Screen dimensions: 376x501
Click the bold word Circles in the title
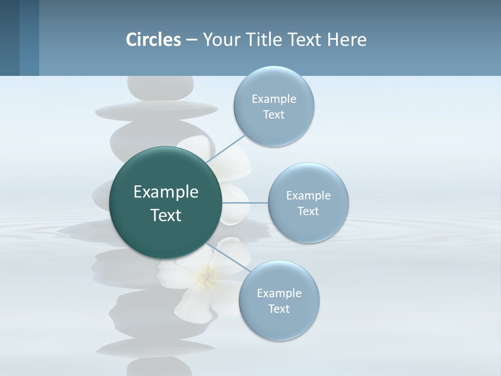point(153,40)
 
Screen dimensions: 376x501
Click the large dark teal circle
point(166,203)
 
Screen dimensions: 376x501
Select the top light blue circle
point(273,107)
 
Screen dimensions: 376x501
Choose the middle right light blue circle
point(308,203)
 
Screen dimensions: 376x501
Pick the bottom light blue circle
point(279,301)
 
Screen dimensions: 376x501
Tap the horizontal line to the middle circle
point(245,203)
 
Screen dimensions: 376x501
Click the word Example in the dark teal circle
point(166,192)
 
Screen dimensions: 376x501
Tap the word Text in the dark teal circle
point(166,215)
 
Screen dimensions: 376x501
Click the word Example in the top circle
point(273,99)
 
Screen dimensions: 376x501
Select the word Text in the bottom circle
point(279,309)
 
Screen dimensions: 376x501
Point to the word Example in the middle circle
point(308,195)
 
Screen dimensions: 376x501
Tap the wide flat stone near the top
point(157,109)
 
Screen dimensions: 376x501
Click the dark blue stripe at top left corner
point(9,38)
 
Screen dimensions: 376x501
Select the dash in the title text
point(191,40)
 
